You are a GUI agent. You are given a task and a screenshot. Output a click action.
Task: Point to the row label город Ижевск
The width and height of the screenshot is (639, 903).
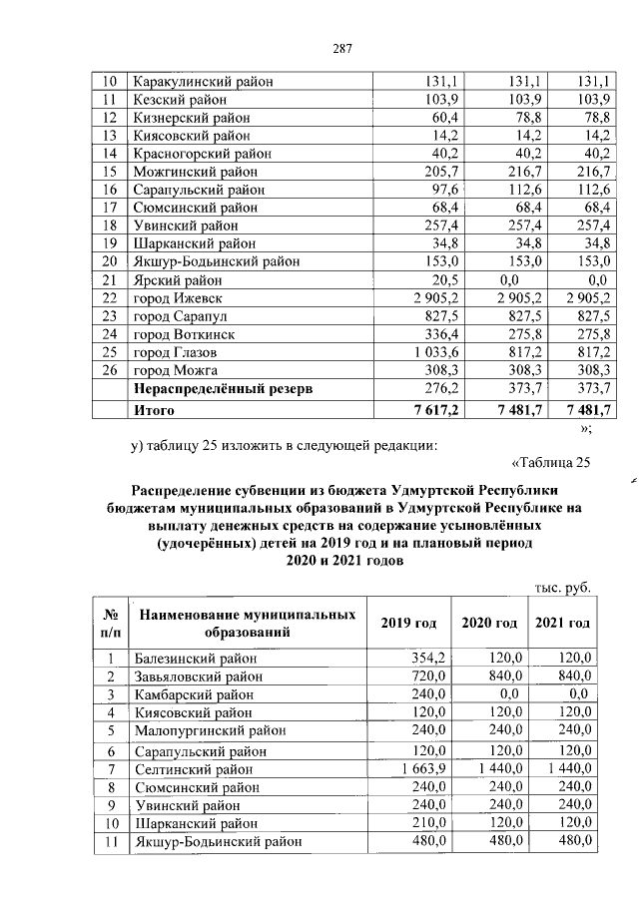[x=176, y=298]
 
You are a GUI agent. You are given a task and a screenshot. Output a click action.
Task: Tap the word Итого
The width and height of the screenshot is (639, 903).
[x=154, y=409]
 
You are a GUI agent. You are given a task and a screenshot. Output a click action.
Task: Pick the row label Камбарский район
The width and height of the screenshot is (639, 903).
[x=193, y=694]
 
